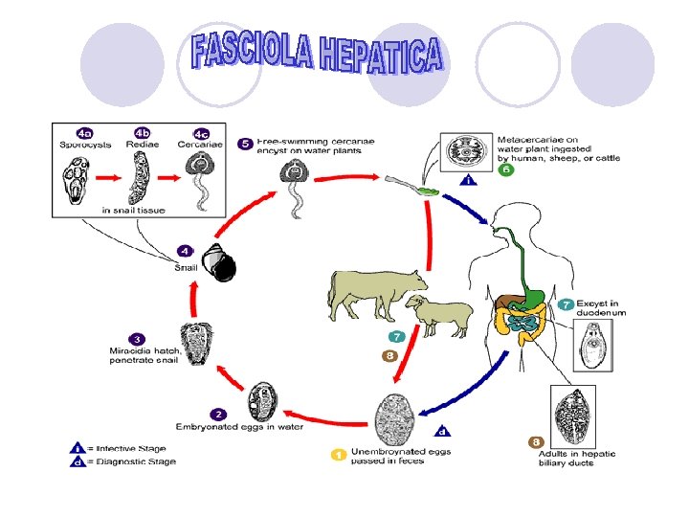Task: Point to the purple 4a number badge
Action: (85, 132)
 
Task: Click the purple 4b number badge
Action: (143, 132)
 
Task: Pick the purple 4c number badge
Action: (202, 133)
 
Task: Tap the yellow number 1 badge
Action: (338, 454)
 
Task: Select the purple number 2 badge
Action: (219, 415)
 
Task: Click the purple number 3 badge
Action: (139, 338)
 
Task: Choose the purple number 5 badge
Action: (247, 144)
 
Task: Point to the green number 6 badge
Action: (506, 169)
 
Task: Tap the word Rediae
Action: (142, 145)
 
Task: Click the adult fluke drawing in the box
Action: (571, 415)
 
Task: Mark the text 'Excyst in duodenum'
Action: (601, 307)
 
